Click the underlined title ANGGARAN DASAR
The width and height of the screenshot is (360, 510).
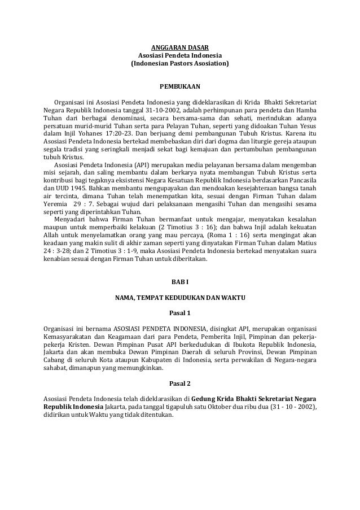click(180, 46)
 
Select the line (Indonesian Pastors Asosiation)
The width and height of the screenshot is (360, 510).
click(180, 64)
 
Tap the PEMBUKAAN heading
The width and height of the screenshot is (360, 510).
click(180, 87)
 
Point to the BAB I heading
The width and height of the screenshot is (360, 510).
click(180, 281)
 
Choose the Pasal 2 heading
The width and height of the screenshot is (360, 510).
click(180, 383)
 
